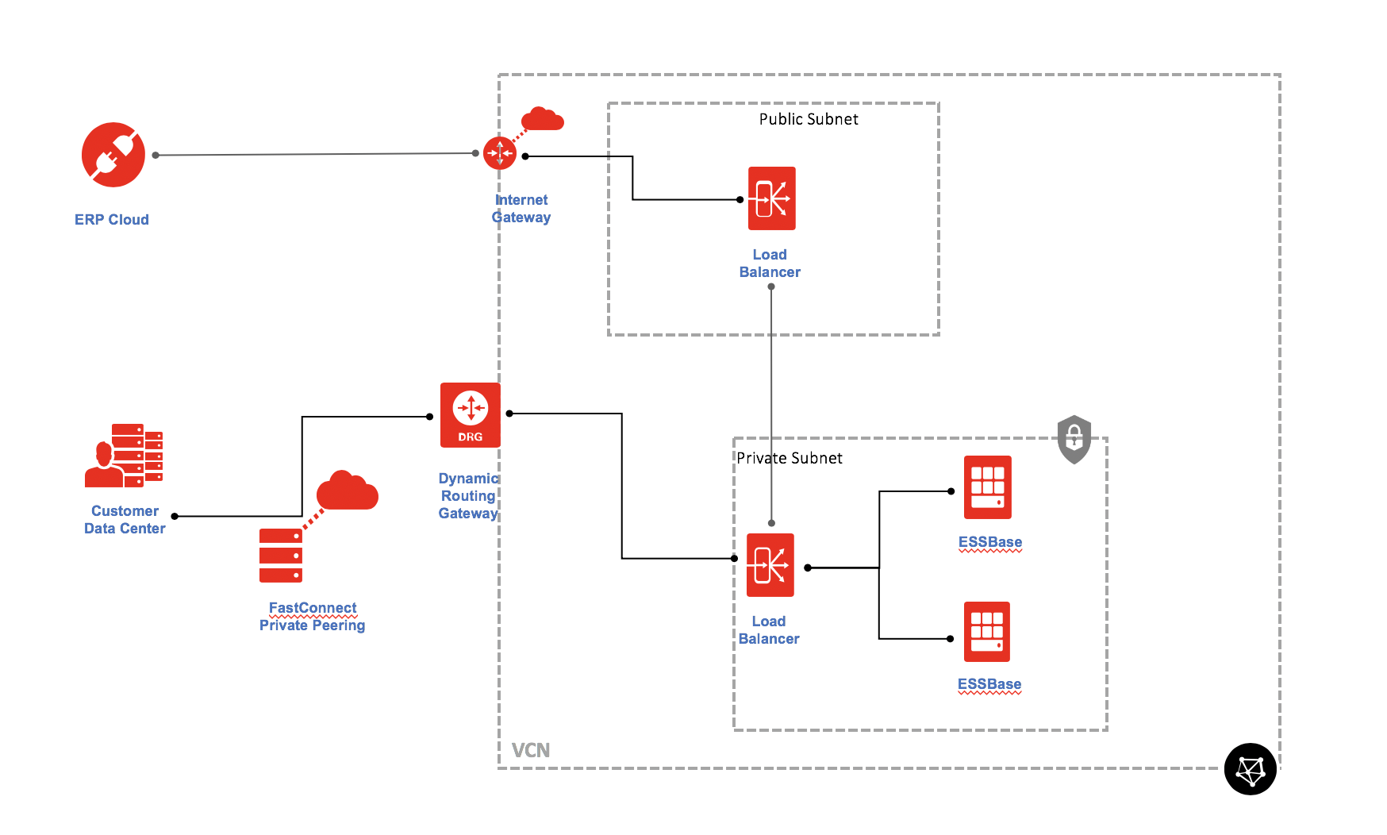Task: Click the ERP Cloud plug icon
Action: click(113, 155)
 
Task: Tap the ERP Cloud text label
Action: click(112, 220)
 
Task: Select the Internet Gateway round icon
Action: click(500, 153)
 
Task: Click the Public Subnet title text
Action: click(809, 119)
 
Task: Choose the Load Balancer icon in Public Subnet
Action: click(771, 198)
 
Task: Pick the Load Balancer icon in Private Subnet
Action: click(770, 565)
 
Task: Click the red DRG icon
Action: click(471, 415)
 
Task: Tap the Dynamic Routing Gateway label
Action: click(468, 496)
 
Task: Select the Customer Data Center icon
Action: click(125, 456)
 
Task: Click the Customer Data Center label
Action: click(125, 520)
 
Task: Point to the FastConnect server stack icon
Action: click(281, 556)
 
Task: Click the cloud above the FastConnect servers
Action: click(347, 491)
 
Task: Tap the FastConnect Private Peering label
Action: click(313, 617)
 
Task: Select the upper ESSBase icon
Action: click(988, 487)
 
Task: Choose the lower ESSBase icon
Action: click(987, 632)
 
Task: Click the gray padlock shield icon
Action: click(1074, 438)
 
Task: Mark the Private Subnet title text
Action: click(790, 458)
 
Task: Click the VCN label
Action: click(531, 750)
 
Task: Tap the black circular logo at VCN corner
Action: click(1251, 769)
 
